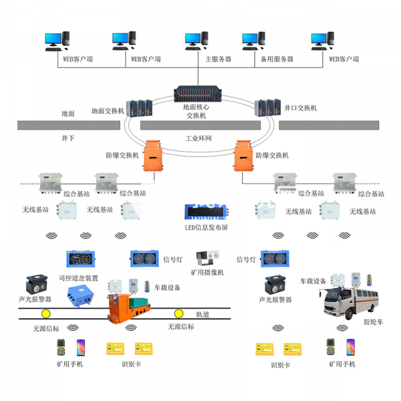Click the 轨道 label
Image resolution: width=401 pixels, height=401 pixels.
203,313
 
